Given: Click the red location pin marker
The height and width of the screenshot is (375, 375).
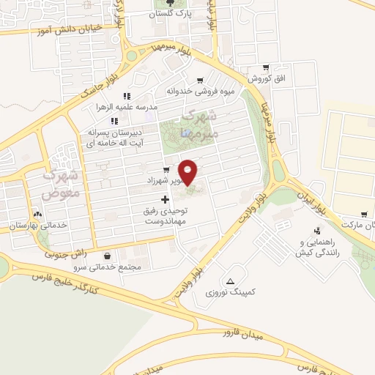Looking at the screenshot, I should (188, 172).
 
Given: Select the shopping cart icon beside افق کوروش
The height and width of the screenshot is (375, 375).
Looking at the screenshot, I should (264, 67).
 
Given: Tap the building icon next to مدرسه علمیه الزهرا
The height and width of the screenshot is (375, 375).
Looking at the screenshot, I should (126, 96).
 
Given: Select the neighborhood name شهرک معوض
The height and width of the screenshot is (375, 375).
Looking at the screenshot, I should (59, 185).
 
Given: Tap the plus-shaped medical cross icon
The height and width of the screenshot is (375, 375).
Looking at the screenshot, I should (165, 199).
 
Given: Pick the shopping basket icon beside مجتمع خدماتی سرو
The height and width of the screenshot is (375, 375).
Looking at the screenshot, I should (109, 256).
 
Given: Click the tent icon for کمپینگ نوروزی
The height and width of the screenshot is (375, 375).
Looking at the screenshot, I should (231, 281).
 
